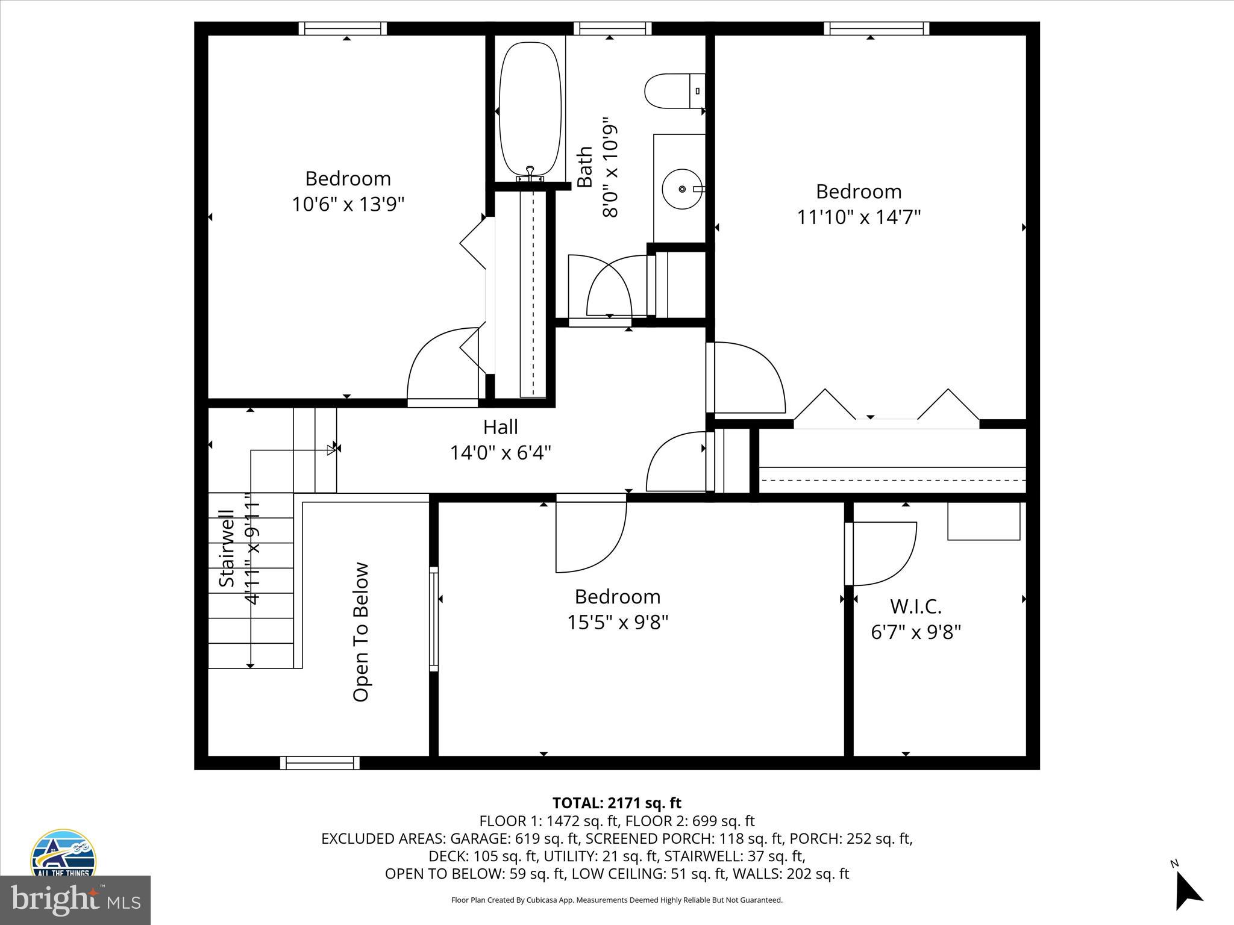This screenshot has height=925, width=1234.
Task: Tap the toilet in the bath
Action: pyautogui.click(x=672, y=92)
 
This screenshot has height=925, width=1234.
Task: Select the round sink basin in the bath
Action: pyautogui.click(x=682, y=189)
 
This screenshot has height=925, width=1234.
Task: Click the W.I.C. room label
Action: pyautogui.click(x=915, y=606)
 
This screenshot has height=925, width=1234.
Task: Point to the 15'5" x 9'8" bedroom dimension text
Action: pyautogui.click(x=618, y=622)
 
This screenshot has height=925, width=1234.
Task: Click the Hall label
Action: pyautogui.click(x=500, y=427)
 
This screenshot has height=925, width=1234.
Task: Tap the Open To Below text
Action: pyautogui.click(x=360, y=632)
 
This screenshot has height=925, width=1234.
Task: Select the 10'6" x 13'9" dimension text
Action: pyautogui.click(x=348, y=205)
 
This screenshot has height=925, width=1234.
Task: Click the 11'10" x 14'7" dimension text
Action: pyautogui.click(x=859, y=217)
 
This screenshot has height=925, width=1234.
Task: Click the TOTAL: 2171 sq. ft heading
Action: pyautogui.click(x=616, y=803)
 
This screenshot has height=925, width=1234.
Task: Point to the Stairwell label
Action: pyautogui.click(x=227, y=548)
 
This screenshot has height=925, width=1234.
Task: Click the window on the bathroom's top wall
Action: pyautogui.click(x=612, y=28)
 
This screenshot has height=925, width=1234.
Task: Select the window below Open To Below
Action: pyautogui.click(x=320, y=763)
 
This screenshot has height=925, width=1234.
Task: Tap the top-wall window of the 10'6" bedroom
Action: pyautogui.click(x=343, y=28)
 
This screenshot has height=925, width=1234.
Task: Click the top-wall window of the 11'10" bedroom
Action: pyautogui.click(x=876, y=28)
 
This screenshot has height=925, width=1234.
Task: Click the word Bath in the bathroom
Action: pyautogui.click(x=584, y=167)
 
